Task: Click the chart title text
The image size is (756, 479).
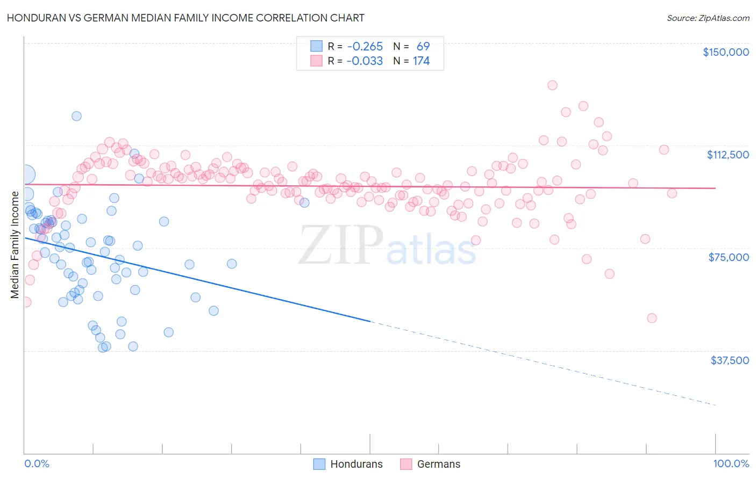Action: tap(186, 18)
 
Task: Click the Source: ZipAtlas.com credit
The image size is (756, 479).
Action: tap(708, 18)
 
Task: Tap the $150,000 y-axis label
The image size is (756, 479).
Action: tap(725, 52)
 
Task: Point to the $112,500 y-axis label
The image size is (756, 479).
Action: tap(728, 155)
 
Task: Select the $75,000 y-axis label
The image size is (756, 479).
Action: tap(729, 257)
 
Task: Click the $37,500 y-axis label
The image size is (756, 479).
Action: tap(729, 360)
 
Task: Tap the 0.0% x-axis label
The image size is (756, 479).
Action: tap(37, 463)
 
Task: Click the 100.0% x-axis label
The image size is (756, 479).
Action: tap(731, 463)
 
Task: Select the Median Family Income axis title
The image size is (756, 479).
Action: tap(15, 244)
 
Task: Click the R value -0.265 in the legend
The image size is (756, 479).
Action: tap(365, 46)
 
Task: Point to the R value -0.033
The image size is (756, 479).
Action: tap(365, 61)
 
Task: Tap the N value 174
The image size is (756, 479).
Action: tap(421, 61)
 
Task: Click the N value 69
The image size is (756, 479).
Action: tap(423, 46)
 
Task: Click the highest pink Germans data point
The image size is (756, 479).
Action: tap(552, 85)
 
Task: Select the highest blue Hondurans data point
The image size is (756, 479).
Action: tap(76, 116)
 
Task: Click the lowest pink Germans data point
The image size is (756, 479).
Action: tap(652, 318)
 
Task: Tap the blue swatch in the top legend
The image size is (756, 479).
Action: tap(316, 46)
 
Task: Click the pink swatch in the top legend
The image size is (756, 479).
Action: tap(316, 61)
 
